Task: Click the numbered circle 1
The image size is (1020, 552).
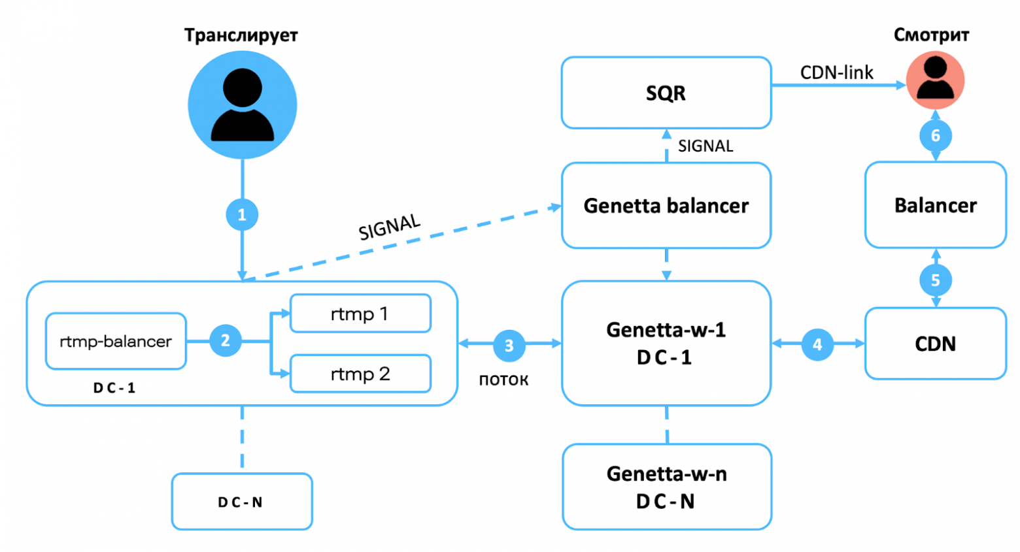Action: [x=242, y=214]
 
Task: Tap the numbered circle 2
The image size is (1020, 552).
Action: [x=225, y=340]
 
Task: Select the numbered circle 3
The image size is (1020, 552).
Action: [x=509, y=346]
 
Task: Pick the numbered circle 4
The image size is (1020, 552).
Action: [x=817, y=344]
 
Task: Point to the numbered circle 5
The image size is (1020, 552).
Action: [x=936, y=280]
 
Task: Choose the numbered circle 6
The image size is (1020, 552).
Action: [x=936, y=135]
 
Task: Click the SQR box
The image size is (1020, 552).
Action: [x=666, y=93]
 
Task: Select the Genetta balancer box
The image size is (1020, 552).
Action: [x=666, y=206]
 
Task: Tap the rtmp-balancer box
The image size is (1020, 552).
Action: [x=116, y=341]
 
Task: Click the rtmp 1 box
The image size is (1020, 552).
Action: [x=360, y=314]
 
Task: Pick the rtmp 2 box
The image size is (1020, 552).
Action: [x=360, y=374]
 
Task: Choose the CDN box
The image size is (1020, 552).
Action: [x=936, y=344]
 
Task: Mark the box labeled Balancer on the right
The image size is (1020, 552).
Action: [x=936, y=205]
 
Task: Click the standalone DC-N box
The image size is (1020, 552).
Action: [x=242, y=502]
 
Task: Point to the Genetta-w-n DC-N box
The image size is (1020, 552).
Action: [x=666, y=487]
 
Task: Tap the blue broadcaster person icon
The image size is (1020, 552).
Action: [x=243, y=105]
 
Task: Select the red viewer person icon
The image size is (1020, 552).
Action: [x=936, y=80]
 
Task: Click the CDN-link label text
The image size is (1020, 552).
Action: [x=836, y=73]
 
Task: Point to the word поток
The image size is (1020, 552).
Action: [x=503, y=380]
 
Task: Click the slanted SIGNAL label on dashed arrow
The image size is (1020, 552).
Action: [x=390, y=227]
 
